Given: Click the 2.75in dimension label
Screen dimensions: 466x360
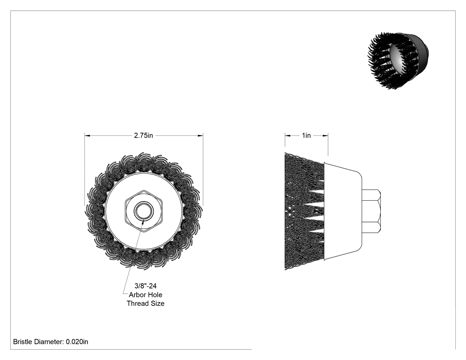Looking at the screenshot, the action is click(143, 135).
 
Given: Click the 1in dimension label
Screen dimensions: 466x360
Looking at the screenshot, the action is click(306, 135).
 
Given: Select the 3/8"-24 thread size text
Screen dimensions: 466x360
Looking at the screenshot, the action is click(146, 286).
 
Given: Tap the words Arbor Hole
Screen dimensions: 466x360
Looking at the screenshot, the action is click(146, 295).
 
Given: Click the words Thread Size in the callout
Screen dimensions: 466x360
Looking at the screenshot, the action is click(146, 304).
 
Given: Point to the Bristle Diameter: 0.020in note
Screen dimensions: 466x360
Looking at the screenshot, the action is click(51, 342).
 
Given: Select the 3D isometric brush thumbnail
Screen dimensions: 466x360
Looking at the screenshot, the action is click(398, 61).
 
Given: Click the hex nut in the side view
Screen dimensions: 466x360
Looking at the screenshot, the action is click(371, 211).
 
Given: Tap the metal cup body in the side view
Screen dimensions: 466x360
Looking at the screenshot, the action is click(343, 211).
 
